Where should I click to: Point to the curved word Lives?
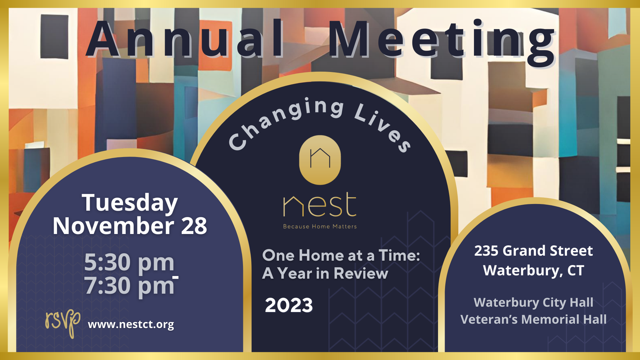pyautogui.click(x=383, y=127)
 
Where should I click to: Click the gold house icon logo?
pyautogui.click(x=320, y=160)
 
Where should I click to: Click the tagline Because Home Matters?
pyautogui.click(x=320, y=227)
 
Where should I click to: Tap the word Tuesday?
pyautogui.click(x=130, y=203)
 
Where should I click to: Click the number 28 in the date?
pyautogui.click(x=194, y=226)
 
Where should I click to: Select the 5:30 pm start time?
pyautogui.click(x=129, y=262)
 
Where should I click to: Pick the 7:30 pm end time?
pyautogui.click(x=129, y=286)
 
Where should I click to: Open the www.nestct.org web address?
pyautogui.click(x=131, y=324)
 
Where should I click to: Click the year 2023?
pyautogui.click(x=289, y=305)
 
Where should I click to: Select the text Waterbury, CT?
pyautogui.click(x=533, y=270)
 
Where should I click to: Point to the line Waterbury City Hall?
pyautogui.click(x=533, y=302)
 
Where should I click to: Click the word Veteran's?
pyautogui.click(x=489, y=319)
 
